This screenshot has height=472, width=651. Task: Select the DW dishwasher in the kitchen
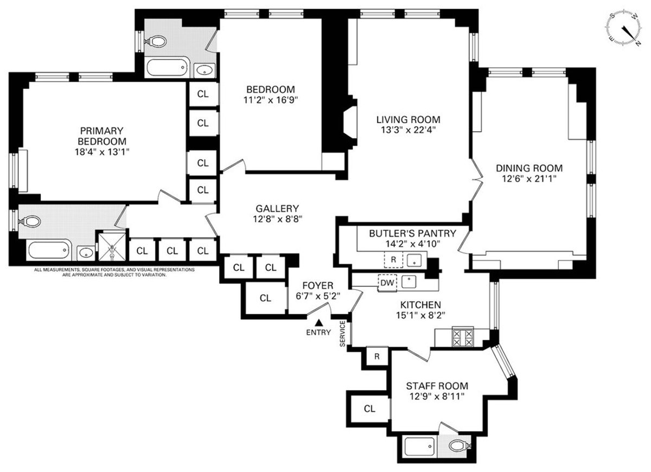click(x=386, y=282)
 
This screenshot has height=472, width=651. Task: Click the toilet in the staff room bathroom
click(x=459, y=447)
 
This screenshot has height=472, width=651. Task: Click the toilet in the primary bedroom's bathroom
click(x=31, y=222)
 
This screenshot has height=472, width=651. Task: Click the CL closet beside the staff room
click(x=369, y=409)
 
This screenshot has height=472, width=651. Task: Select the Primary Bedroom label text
click(x=102, y=136)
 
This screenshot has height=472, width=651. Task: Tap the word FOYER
click(x=318, y=286)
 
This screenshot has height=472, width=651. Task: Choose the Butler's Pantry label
click(x=413, y=234)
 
